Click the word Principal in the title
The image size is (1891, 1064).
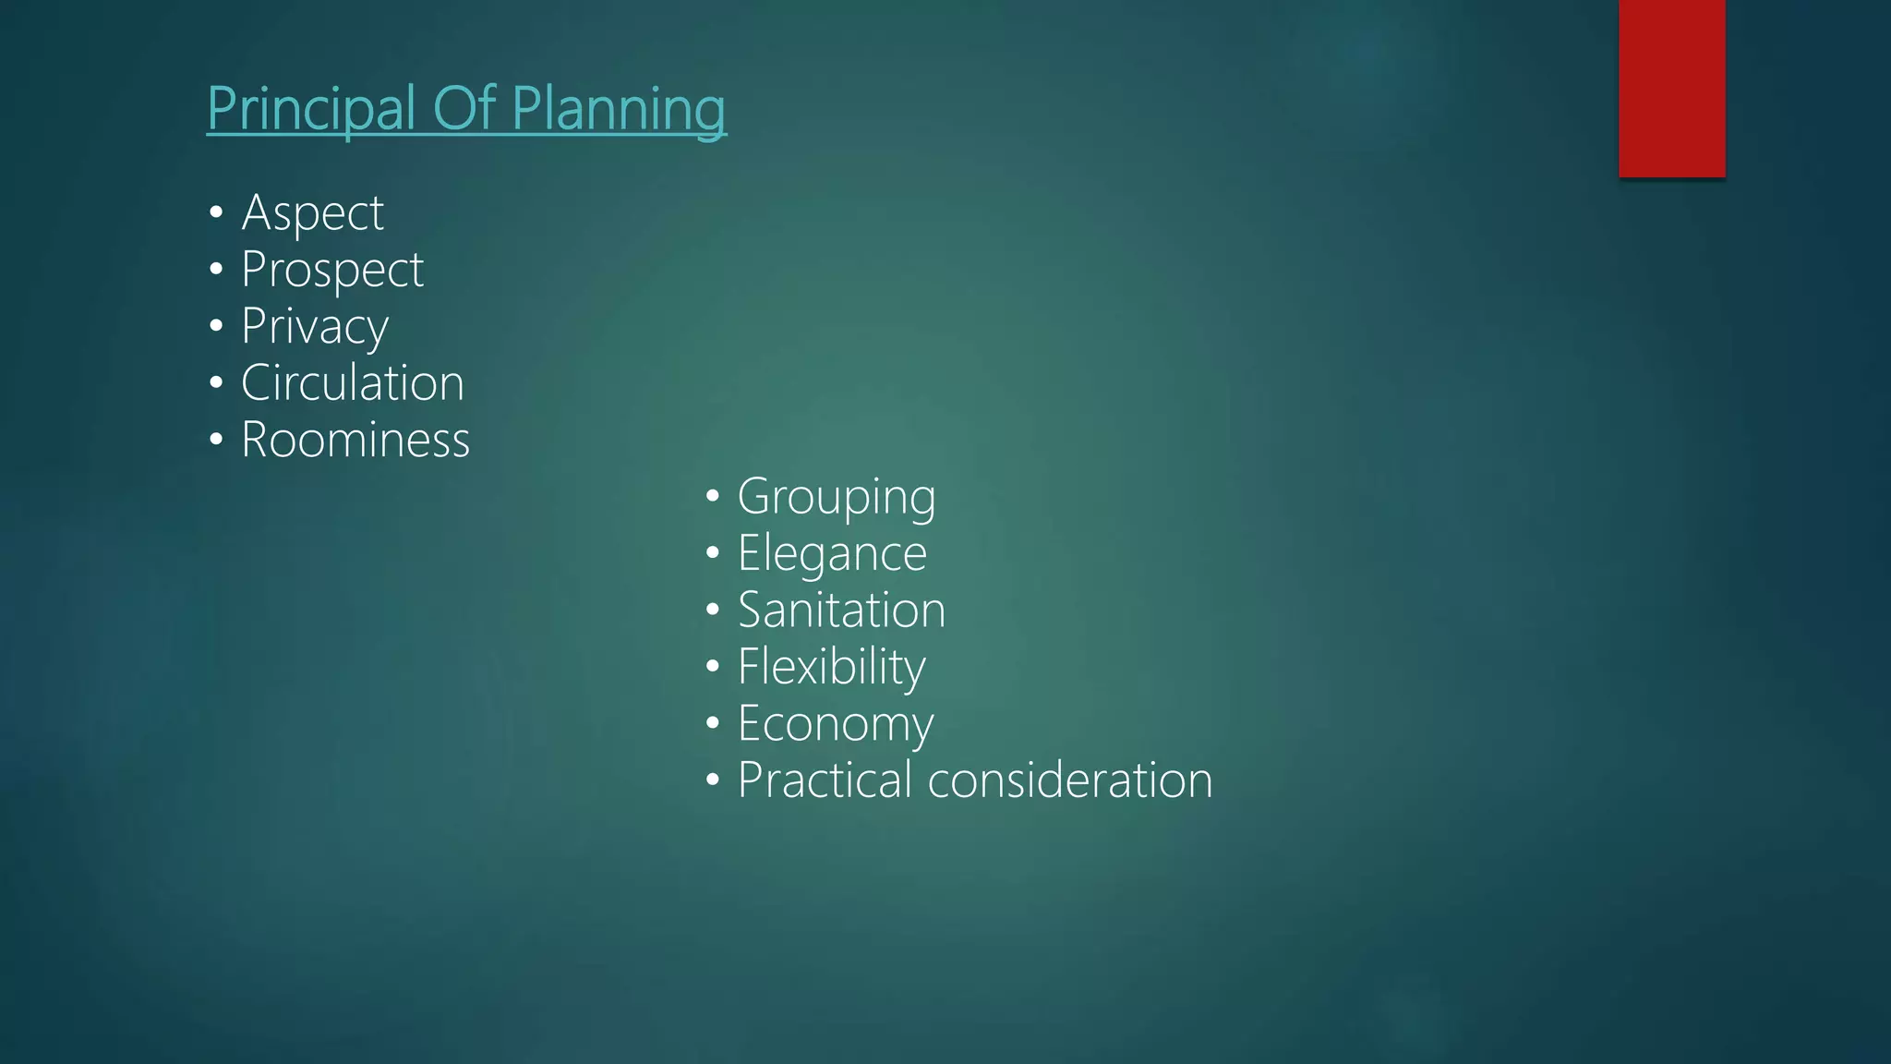(311, 109)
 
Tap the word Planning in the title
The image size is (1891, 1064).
(619, 109)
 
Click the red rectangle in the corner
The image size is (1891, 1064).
(1671, 88)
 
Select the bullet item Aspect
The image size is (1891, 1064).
(312, 213)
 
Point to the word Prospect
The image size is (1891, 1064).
(331, 270)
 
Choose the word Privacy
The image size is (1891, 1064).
(315, 327)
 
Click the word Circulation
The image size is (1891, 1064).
(352, 382)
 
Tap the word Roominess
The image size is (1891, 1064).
(355, 440)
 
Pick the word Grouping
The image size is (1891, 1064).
(837, 497)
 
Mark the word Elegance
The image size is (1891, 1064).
(832, 553)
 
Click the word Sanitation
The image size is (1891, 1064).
(841, 611)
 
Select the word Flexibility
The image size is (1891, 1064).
(831, 667)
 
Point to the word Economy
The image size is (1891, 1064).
(836, 723)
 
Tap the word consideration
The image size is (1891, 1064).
(1069, 780)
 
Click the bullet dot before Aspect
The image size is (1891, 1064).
(216, 213)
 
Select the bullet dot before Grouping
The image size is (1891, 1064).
(712, 497)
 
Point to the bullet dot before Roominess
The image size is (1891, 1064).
(216, 440)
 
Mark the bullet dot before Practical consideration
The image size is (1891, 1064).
(712, 780)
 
